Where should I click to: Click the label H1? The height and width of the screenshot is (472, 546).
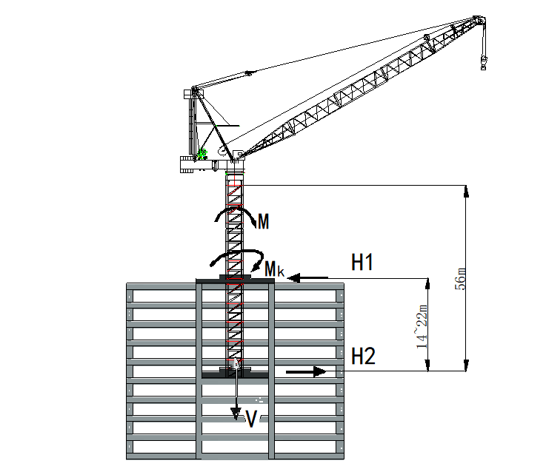coord(362,262)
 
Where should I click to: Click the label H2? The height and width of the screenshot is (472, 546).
coord(363,356)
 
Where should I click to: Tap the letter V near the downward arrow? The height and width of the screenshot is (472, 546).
coord(251,419)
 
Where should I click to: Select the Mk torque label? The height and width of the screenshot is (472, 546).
coord(274,269)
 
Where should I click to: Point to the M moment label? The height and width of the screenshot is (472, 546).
coord(263,221)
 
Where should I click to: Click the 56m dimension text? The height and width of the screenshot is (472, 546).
coord(460,279)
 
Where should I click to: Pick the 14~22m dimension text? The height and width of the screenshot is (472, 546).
coord(422,326)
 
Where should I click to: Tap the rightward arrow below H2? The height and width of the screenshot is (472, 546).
coord(306,371)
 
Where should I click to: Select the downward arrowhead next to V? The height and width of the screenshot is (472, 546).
coord(236,413)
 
